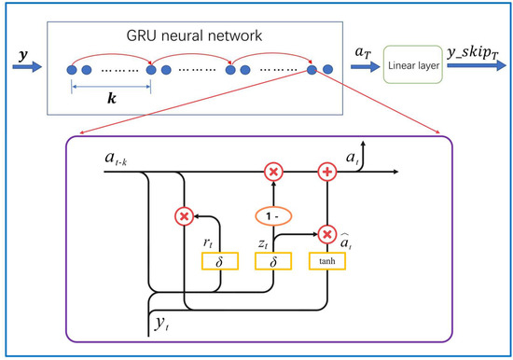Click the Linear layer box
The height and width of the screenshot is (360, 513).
[x=411, y=68]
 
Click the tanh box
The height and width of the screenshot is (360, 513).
[x=327, y=262]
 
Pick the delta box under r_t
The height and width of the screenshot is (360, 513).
[x=219, y=262]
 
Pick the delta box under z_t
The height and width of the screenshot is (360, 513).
[x=273, y=262]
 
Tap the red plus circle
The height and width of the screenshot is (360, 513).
[x=327, y=173]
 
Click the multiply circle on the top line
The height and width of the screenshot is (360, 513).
[x=273, y=173]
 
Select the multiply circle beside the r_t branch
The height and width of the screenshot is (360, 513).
[x=184, y=217]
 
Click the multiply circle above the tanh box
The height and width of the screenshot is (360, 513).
[x=327, y=233]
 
